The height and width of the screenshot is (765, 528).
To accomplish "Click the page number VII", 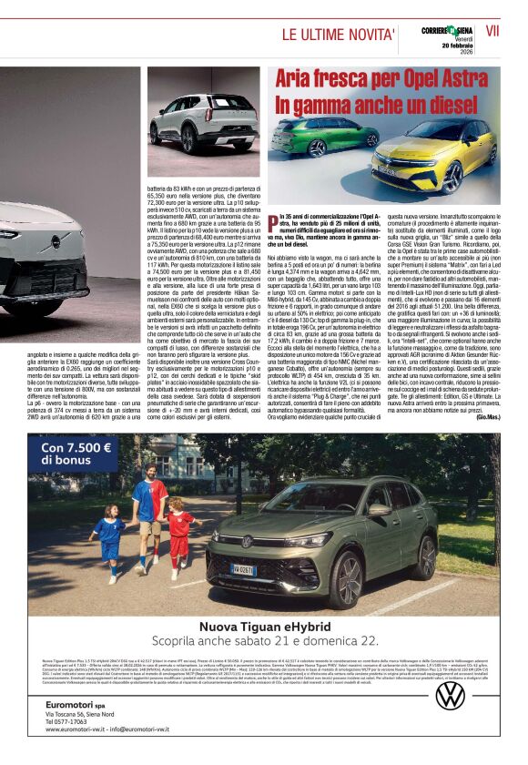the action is (x=492, y=30).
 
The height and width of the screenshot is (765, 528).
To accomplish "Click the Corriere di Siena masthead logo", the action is (x=447, y=31).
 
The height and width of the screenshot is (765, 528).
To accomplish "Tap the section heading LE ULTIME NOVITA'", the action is (x=338, y=35).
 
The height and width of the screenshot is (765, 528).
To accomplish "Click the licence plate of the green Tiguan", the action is (x=242, y=570).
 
